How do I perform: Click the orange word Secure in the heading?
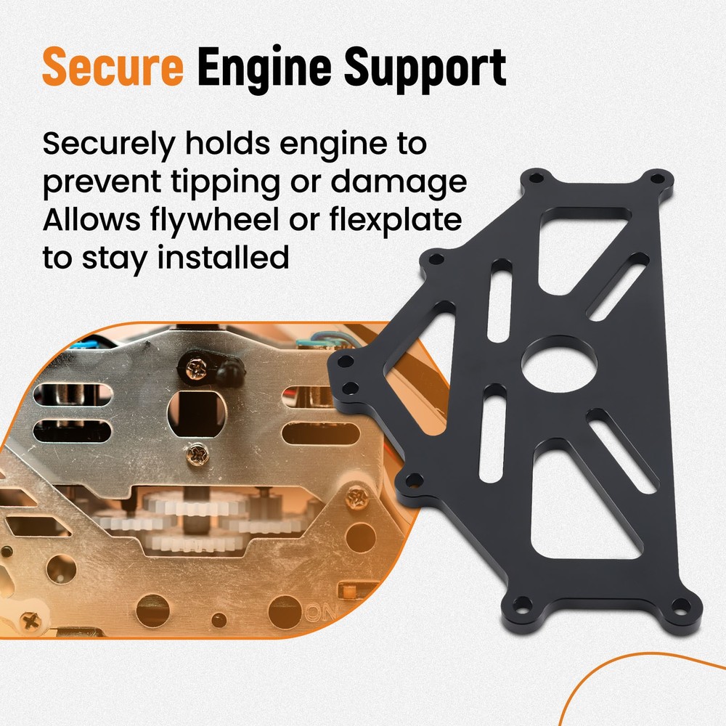pos(113,68)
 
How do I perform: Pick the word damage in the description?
pos(399,182)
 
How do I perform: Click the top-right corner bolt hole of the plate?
pos(657,177)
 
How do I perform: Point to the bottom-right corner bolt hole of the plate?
pos(680,605)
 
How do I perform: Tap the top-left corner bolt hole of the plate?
pos(537,176)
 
